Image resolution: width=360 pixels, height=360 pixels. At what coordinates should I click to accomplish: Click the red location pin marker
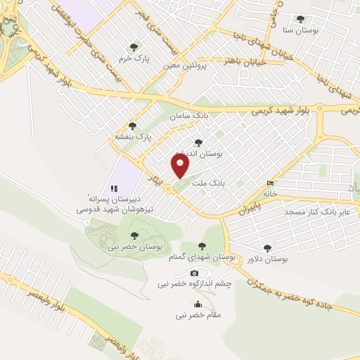[181, 166]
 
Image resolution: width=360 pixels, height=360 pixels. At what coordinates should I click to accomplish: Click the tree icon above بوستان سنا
[301, 20]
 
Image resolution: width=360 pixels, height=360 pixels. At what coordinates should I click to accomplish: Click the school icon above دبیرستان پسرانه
[113, 188]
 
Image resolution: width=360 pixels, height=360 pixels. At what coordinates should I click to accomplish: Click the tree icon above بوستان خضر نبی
[134, 236]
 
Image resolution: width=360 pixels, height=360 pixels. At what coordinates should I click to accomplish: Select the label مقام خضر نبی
[198, 316]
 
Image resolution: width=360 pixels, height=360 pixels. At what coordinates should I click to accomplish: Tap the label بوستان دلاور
[268, 259]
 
